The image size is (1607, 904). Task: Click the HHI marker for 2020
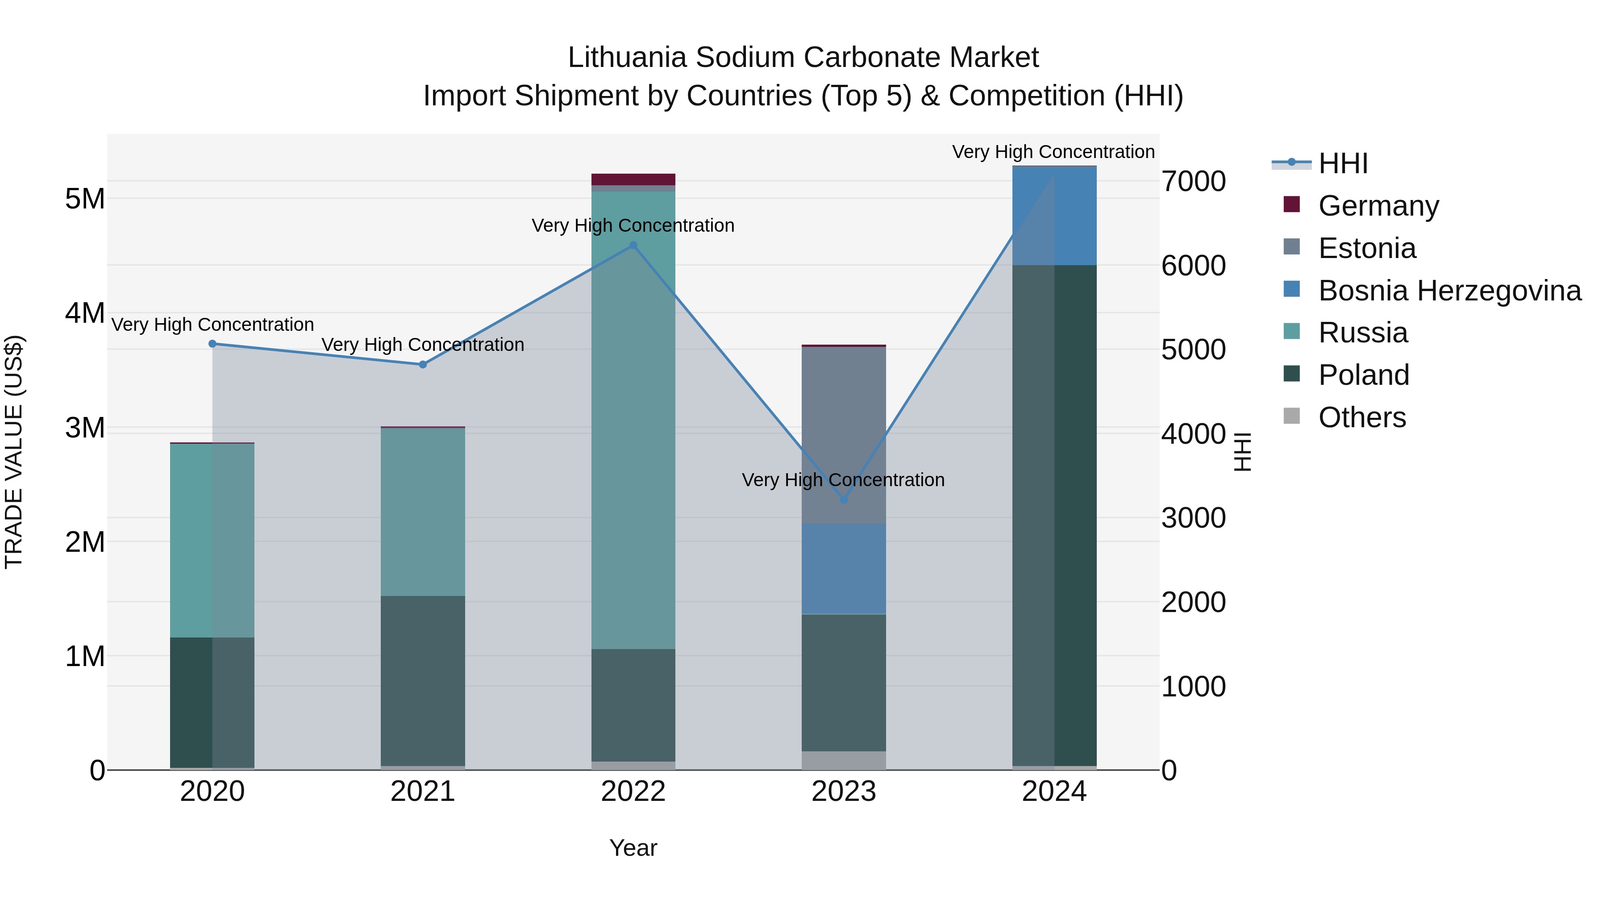[212, 344]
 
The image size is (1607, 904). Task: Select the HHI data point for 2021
[423, 364]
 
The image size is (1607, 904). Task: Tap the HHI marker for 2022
[633, 245]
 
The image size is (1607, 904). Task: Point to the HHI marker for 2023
[844, 500]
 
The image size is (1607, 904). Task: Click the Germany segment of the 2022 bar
[633, 179]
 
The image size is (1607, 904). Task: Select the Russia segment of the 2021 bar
[423, 512]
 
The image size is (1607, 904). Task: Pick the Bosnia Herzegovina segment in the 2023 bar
[844, 569]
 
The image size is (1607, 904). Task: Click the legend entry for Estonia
[1366, 248]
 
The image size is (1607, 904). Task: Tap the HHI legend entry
[1342, 163]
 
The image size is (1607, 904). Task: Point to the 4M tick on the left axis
[85, 313]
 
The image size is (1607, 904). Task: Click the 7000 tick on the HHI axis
[1193, 182]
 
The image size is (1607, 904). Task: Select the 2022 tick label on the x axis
[633, 792]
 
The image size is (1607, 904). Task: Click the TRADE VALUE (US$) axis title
[14, 452]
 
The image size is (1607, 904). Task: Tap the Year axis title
[633, 848]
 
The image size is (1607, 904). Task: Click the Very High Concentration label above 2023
[843, 480]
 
